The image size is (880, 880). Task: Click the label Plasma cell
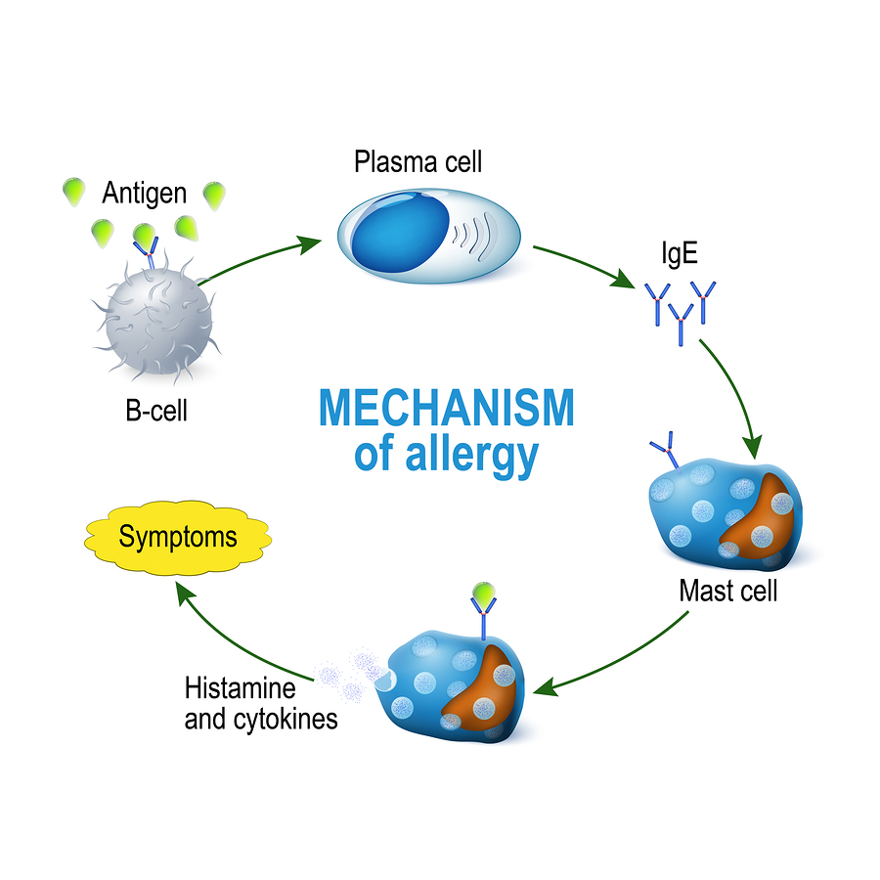coord(418,161)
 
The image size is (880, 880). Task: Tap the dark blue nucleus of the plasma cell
coord(397,242)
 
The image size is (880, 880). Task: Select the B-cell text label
coord(156,410)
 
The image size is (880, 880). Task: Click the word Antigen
coord(144,192)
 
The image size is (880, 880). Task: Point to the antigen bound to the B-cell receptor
coord(145,236)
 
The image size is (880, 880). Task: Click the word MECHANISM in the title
coord(446,407)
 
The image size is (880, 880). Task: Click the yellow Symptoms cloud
coord(177,537)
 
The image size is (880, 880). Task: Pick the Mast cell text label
coord(728,591)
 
